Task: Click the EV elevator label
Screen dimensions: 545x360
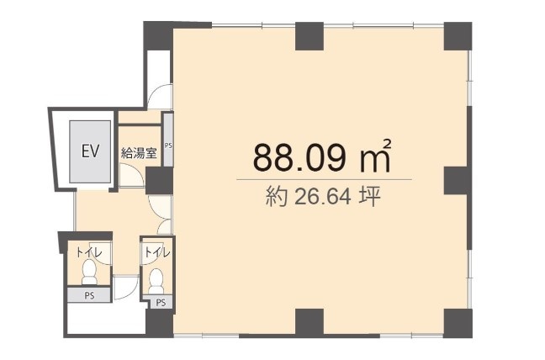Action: tap(90, 151)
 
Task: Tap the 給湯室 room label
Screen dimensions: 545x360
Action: tap(139, 152)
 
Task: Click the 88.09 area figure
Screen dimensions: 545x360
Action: tap(300, 158)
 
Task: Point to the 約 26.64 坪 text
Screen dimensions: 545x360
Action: tap(323, 197)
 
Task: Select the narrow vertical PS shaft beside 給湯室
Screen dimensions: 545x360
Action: tap(168, 139)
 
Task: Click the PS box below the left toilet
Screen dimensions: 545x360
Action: tap(89, 295)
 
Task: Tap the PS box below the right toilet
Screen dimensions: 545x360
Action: tap(161, 302)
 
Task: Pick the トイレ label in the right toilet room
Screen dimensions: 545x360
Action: tap(157, 252)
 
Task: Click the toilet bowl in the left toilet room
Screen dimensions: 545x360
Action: tap(90, 273)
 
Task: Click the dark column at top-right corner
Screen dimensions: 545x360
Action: tap(458, 36)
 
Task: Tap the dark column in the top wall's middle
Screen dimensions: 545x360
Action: tap(310, 36)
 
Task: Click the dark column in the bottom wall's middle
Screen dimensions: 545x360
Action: tap(310, 323)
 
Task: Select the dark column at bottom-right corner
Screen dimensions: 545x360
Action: tap(458, 323)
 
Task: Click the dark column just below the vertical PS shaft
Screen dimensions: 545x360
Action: tap(159, 181)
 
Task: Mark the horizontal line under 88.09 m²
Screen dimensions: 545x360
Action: tap(325, 180)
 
